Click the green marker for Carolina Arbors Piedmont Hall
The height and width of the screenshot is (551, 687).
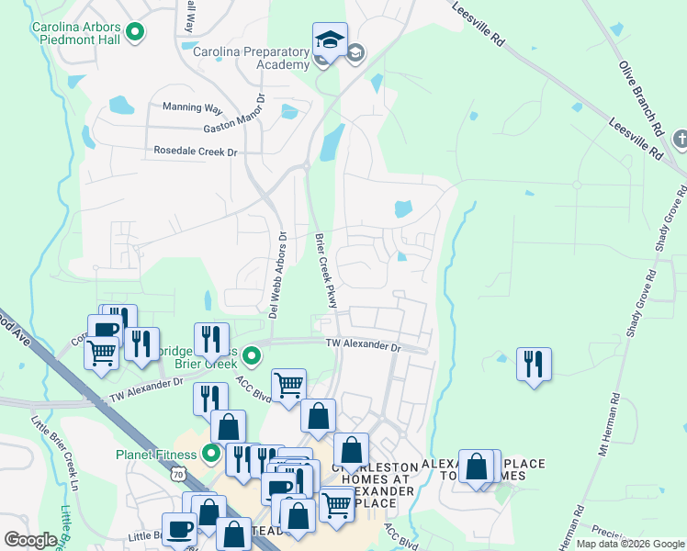tap(135, 34)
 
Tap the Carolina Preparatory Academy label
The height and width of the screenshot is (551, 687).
tap(251, 59)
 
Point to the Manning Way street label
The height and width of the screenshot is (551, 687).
tap(193, 108)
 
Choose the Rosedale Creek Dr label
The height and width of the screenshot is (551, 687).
tap(195, 151)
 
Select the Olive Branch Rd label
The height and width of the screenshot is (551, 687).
tap(641, 98)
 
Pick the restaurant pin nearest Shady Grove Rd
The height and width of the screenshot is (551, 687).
tap(534, 365)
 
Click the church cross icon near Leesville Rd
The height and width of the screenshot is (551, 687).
tap(680, 140)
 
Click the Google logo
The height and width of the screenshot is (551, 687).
tap(31, 540)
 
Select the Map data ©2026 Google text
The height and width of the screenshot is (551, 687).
tap(629, 544)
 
